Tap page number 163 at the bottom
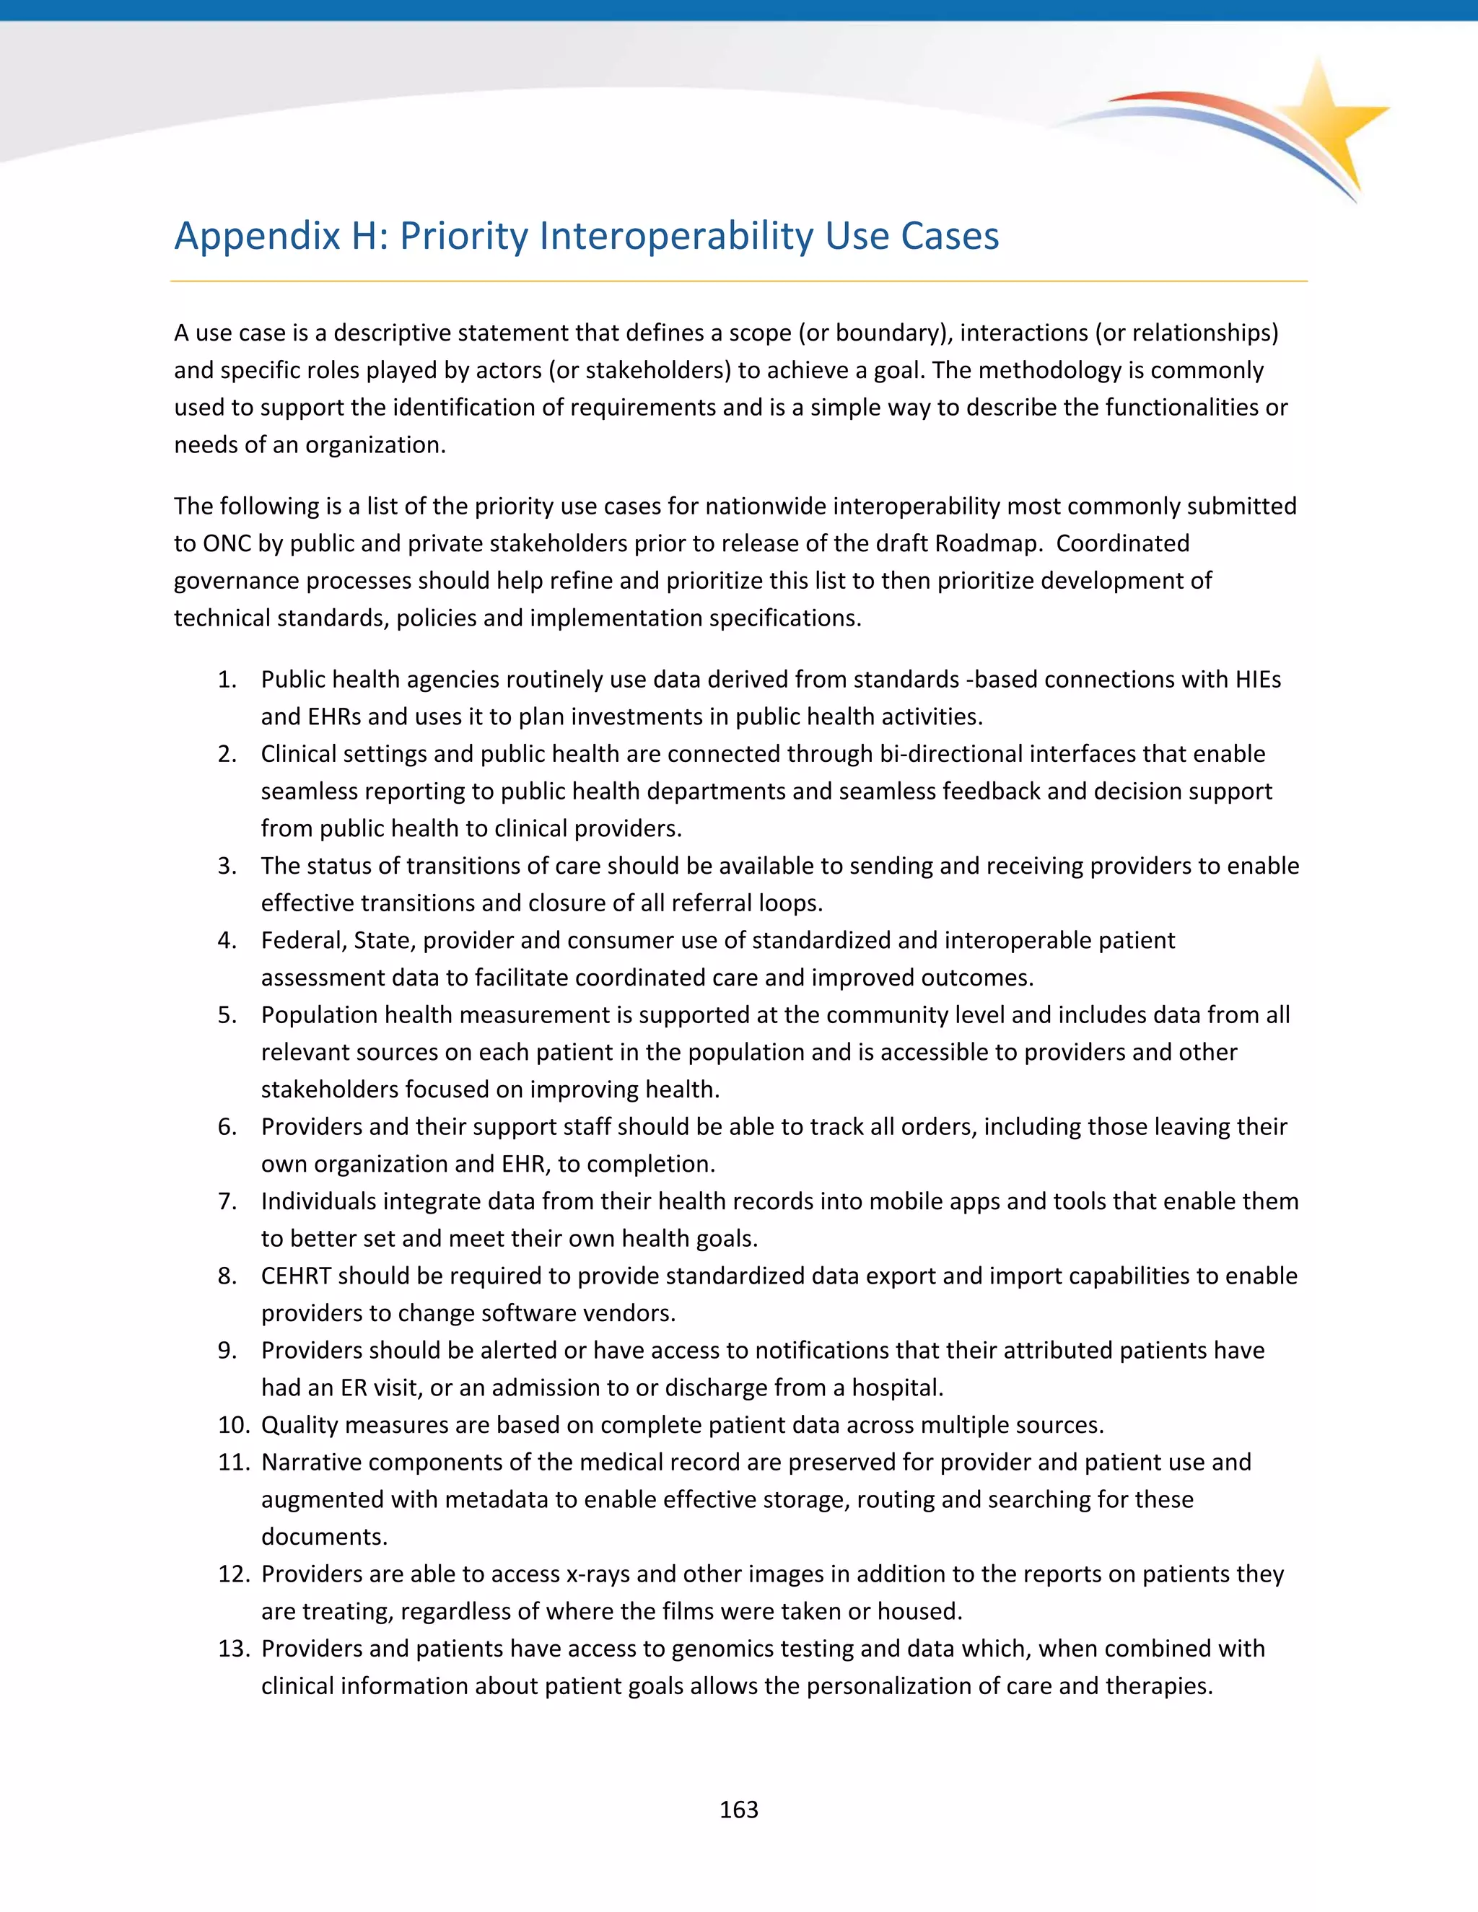click(x=738, y=1810)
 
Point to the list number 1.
click(x=227, y=680)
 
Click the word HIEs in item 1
click(x=1257, y=680)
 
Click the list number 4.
click(x=227, y=940)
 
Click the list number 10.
click(x=234, y=1424)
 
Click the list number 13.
click(x=234, y=1649)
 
